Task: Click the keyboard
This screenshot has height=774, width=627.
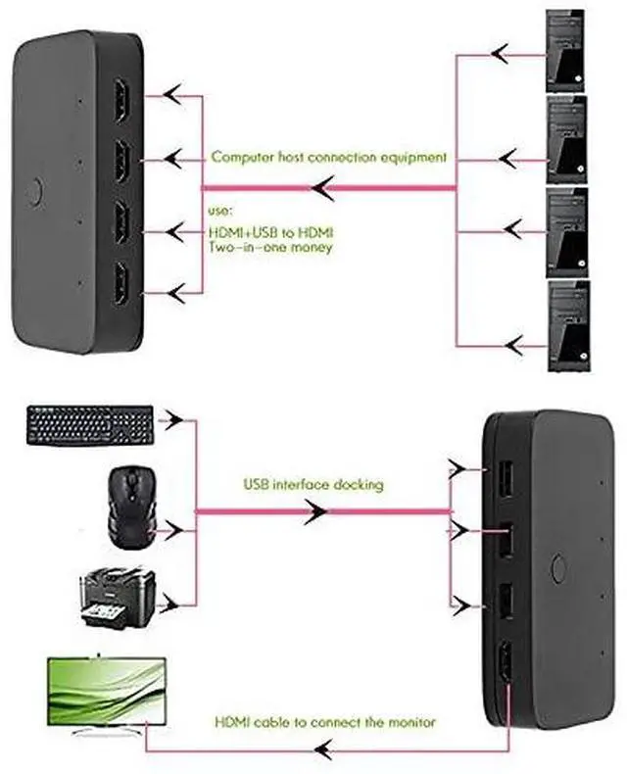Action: tap(91, 425)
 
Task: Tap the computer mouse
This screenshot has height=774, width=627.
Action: tap(131, 508)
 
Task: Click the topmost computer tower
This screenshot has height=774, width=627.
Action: tap(565, 50)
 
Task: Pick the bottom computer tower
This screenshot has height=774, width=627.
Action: tap(569, 326)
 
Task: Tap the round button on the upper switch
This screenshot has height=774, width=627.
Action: tap(34, 192)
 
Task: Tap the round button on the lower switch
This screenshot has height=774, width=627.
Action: tap(558, 568)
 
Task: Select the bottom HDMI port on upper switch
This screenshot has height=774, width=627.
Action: tap(121, 285)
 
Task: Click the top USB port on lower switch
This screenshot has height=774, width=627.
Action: tap(504, 478)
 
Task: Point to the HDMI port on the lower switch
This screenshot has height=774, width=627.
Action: tap(506, 665)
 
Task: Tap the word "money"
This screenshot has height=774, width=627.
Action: tap(311, 247)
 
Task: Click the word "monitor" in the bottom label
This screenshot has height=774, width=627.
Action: tap(411, 722)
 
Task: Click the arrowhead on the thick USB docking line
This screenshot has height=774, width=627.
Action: tap(315, 511)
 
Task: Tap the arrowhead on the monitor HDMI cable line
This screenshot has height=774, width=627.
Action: tap(323, 750)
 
